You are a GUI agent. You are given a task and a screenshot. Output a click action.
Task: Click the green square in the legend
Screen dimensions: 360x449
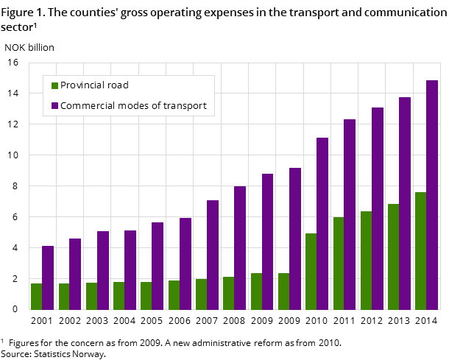point(54,85)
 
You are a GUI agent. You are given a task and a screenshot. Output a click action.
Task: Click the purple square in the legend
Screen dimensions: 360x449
point(54,106)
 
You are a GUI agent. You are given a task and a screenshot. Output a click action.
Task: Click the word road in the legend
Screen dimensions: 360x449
point(119,85)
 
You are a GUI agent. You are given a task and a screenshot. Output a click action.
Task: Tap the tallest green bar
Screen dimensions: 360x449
point(420,251)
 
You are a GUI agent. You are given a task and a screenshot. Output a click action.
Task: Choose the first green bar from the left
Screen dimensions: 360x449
point(37,297)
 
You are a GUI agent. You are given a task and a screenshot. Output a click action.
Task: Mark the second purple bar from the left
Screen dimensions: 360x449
point(75,274)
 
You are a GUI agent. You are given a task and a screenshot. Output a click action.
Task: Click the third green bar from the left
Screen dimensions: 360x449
point(91,296)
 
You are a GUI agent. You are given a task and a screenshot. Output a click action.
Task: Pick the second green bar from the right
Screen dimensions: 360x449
point(393,257)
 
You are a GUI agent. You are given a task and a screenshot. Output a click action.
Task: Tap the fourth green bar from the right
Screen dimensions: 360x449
point(339,264)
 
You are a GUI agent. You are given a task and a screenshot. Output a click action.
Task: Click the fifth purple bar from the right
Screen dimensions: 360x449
point(322,224)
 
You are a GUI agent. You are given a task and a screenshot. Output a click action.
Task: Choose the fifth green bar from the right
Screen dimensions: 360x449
point(311,272)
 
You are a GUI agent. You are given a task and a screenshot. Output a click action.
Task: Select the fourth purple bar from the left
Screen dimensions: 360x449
point(130,270)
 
